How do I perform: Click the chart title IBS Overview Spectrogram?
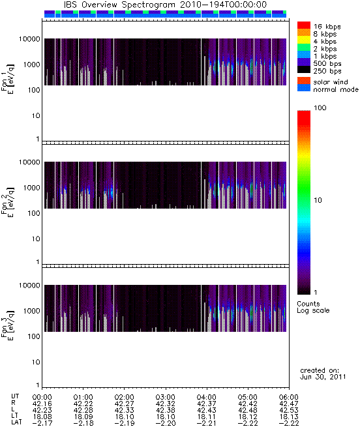click(119, 5)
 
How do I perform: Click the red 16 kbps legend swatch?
click(304, 25)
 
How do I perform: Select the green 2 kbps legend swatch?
click(304, 48)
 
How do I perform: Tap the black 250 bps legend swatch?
click(304, 70)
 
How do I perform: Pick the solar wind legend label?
click(331, 82)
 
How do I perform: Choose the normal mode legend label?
click(336, 89)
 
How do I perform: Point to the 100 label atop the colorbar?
click(320, 108)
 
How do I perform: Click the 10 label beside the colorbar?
click(318, 200)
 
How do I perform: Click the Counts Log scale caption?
click(313, 307)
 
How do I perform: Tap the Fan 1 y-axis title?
click(7, 80)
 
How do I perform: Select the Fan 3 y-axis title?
click(7, 325)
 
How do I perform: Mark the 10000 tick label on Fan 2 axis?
click(29, 162)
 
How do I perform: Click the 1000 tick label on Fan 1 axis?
click(31, 65)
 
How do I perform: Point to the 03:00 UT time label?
click(165, 397)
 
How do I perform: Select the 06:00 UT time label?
click(289, 397)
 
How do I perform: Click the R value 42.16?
click(42, 404)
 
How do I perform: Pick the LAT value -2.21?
click(206, 423)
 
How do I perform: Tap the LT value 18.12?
click(248, 417)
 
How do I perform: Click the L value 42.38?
click(165, 410)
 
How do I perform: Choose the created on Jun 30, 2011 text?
click(323, 374)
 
